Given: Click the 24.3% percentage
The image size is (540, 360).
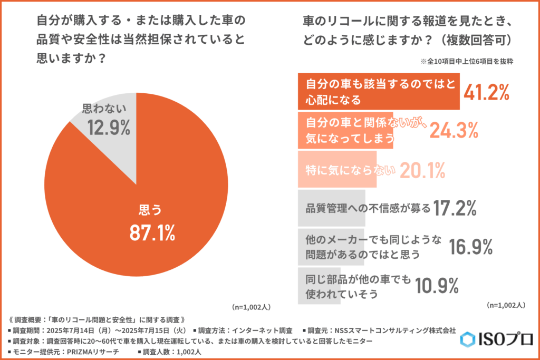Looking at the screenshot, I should [x=454, y=129].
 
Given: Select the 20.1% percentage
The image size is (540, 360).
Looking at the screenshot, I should [x=422, y=170].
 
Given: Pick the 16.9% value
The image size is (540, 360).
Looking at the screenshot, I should [x=470, y=246].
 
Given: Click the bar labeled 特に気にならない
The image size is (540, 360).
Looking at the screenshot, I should [x=337, y=170].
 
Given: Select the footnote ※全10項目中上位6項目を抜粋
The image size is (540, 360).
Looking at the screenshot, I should [x=467, y=61].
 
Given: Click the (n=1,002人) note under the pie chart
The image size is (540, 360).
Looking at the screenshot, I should [x=250, y=306].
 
